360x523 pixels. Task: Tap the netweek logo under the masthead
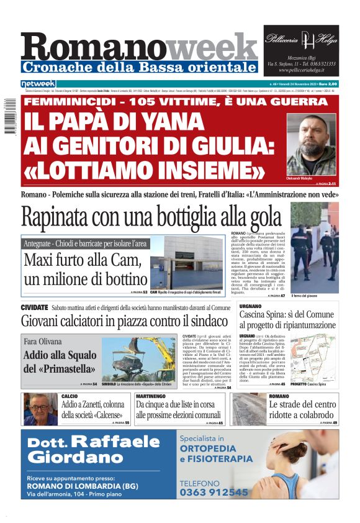click(x=38, y=83)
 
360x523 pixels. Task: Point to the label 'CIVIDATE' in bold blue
click(x=34, y=307)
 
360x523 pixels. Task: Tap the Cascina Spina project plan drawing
click(x=313, y=360)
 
